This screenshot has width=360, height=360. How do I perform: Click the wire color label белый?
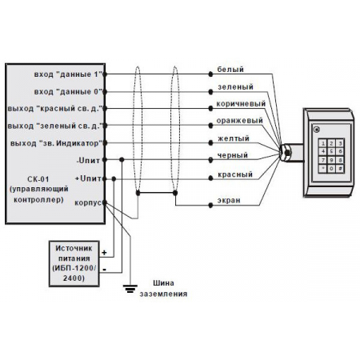(230, 70)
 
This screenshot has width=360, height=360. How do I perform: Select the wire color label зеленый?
(235, 87)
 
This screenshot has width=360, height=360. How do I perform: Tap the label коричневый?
(241, 104)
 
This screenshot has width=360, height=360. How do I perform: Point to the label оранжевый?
(239, 121)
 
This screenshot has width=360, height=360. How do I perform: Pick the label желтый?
(234, 138)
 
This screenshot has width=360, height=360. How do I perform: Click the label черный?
(233, 155)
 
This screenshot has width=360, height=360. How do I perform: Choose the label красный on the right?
(235, 174)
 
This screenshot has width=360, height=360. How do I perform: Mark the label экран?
(229, 200)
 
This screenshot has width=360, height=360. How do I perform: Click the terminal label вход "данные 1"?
(68, 74)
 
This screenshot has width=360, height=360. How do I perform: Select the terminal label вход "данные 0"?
(68, 92)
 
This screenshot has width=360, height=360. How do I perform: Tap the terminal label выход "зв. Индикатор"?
(57, 143)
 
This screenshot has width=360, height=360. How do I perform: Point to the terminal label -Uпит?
(88, 161)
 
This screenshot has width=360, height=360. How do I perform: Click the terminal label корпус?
(88, 203)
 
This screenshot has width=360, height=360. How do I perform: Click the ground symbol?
(130, 289)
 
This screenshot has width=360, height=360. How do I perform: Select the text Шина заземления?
(163, 289)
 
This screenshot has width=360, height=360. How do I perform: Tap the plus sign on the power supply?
(104, 253)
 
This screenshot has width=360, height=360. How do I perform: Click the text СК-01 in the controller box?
(38, 179)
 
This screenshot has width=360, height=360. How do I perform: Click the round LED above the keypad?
(317, 130)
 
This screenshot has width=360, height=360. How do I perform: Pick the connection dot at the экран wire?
(210, 206)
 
